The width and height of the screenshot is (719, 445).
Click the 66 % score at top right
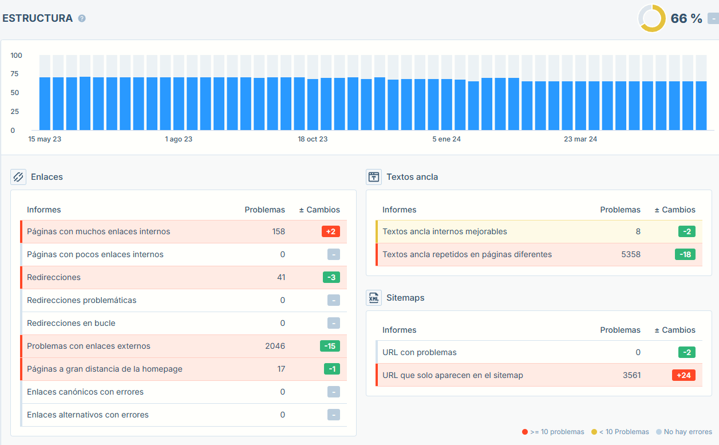pyautogui.click(x=686, y=19)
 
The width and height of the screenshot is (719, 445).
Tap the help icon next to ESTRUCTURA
pyautogui.click(x=82, y=18)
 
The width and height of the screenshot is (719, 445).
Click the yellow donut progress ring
pyautogui.click(x=652, y=18)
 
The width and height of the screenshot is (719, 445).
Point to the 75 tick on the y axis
pyautogui.click(x=14, y=74)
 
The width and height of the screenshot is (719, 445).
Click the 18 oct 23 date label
pyautogui.click(x=313, y=139)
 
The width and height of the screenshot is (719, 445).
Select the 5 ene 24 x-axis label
pyautogui.click(x=447, y=139)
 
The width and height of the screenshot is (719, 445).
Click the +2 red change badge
pyautogui.click(x=331, y=231)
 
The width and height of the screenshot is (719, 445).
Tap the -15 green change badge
pyautogui.click(x=330, y=346)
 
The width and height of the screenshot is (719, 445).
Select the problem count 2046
pyautogui.click(x=275, y=346)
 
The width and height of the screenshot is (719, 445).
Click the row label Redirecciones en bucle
pyautogui.click(x=71, y=323)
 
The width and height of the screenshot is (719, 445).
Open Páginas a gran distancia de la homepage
pyautogui.click(x=105, y=369)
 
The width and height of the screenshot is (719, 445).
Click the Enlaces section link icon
pyautogui.click(x=18, y=177)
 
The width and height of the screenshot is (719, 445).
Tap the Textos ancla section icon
pyautogui.click(x=374, y=177)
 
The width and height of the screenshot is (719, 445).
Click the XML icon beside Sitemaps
pyautogui.click(x=374, y=298)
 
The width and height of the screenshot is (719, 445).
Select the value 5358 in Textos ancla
pyautogui.click(x=631, y=254)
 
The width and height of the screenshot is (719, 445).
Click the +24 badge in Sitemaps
pyautogui.click(x=684, y=375)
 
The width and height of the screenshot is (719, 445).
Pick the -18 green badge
pyautogui.click(x=685, y=254)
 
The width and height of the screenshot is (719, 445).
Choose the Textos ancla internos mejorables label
pyautogui.click(x=445, y=231)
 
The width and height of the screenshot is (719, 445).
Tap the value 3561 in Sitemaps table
pyautogui.click(x=631, y=375)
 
